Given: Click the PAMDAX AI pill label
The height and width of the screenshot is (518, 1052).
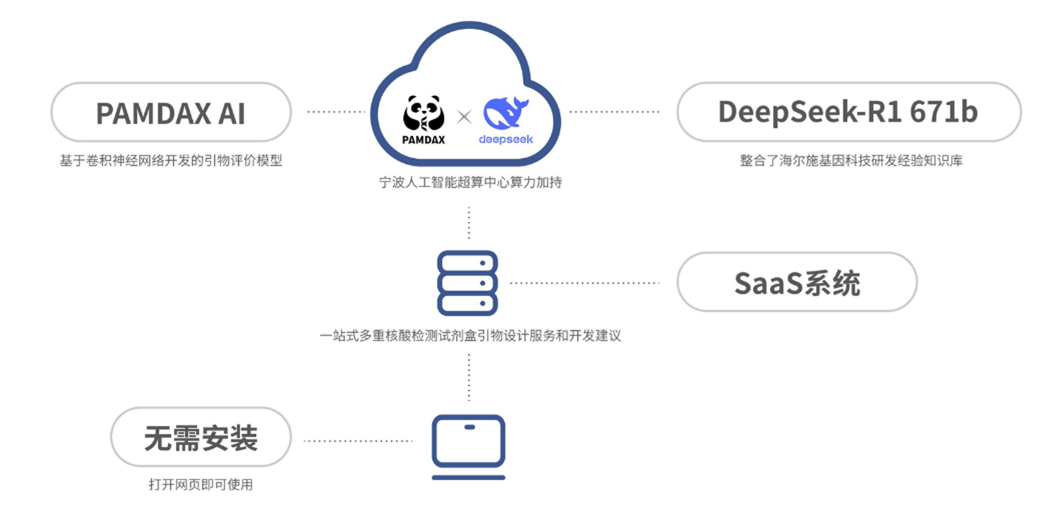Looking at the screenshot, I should coord(171,113).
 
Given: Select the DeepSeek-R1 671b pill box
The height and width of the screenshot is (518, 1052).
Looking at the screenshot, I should coord(848,112).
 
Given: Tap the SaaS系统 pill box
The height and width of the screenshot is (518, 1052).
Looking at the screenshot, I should coord(796,282).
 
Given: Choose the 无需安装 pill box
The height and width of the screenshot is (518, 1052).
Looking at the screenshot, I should coord(201,438).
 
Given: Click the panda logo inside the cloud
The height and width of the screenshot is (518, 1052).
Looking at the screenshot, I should coord(424,113).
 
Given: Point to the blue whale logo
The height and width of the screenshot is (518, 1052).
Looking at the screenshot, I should coord(505,113).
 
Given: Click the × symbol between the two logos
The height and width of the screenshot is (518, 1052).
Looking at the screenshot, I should coord(464,117).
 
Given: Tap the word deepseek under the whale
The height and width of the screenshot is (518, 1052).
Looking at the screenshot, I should coord(506,139).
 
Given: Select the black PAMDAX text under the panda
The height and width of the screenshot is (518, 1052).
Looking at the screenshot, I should coord(423,140).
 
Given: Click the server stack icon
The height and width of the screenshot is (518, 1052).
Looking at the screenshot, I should coord(467,283).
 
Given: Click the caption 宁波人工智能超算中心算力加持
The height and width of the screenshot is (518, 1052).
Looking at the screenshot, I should coord(470,183).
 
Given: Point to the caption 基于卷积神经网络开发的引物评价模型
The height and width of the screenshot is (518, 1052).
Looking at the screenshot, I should coord(171,161).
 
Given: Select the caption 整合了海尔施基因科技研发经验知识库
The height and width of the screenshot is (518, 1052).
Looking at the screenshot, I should coord(851,161).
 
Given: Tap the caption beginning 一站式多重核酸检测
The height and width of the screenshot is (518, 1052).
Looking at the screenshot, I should coord(470,336).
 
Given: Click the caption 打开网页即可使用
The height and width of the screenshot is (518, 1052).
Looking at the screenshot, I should coord(201,485).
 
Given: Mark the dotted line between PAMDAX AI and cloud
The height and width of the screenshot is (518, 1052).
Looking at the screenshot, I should coord(336,112).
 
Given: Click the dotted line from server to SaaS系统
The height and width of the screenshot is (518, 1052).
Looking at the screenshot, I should coord(585,282).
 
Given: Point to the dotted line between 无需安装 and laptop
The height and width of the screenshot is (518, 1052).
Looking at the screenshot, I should coord(358,441).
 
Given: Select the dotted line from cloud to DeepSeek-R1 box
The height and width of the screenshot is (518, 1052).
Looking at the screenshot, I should coord(615,112).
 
